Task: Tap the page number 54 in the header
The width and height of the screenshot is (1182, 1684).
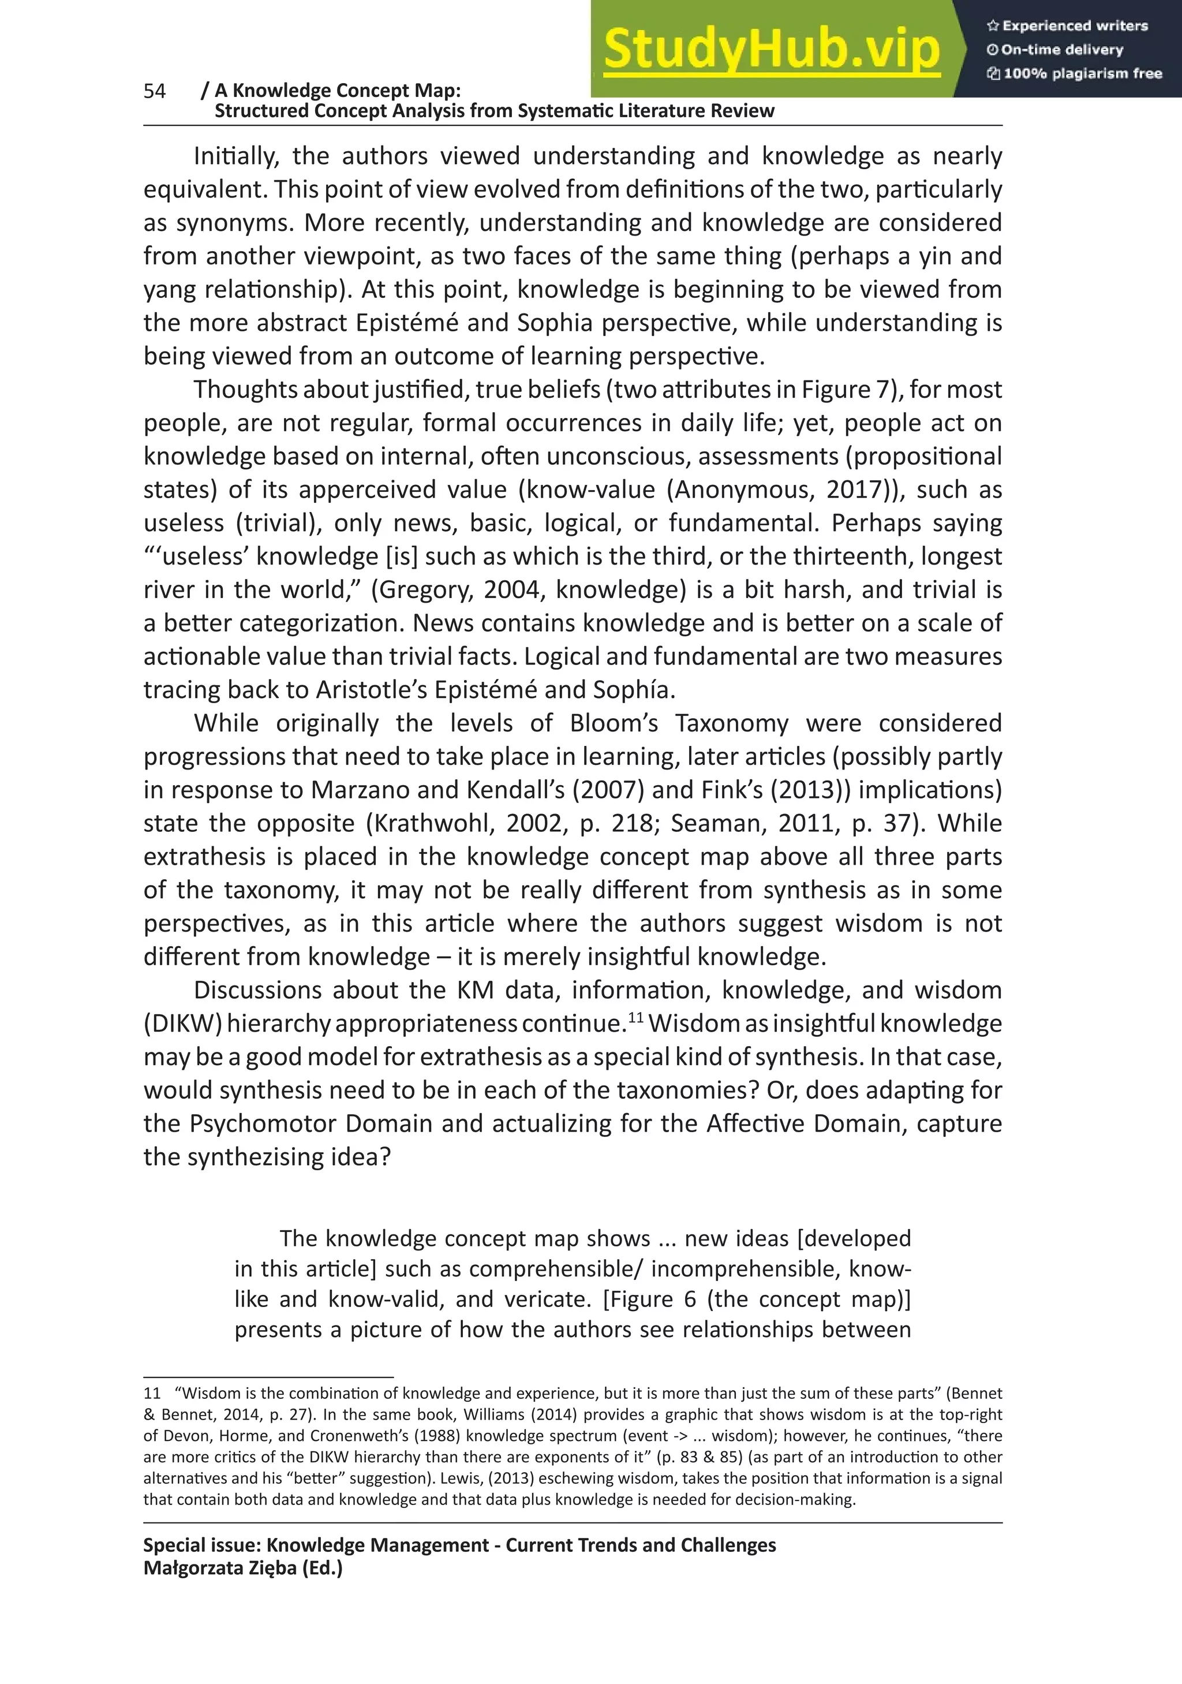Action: [x=155, y=91]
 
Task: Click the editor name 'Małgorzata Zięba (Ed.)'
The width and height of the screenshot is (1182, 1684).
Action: [x=243, y=1568]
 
